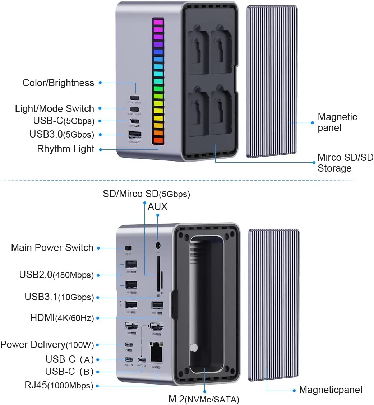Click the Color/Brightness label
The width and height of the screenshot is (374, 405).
tap(58, 83)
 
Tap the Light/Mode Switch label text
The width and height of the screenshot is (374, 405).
tap(55, 108)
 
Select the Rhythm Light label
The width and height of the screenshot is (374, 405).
tap(66, 149)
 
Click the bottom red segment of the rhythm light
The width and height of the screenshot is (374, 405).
tap(158, 139)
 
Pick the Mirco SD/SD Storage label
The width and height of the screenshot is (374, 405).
tap(345, 163)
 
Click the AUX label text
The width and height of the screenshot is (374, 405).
tap(158, 207)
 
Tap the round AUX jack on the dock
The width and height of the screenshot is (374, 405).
tap(158, 246)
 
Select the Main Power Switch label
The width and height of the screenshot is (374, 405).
tap(52, 248)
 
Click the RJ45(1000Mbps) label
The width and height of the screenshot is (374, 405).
tap(59, 386)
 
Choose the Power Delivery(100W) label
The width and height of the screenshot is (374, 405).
tap(47, 345)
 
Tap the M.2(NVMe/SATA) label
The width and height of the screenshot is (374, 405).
tap(204, 399)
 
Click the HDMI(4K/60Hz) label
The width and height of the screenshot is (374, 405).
tap(62, 318)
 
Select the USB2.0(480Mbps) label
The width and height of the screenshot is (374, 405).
tap(56, 275)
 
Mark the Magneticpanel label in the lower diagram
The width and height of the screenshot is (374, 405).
tap(331, 390)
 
